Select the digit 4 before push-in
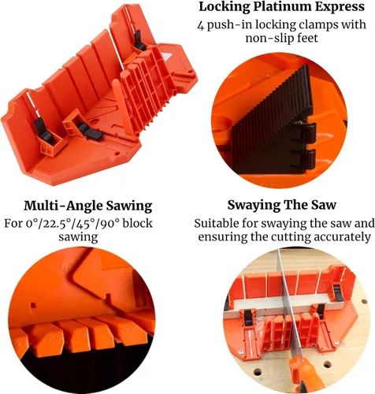pyautogui.click(x=201, y=25)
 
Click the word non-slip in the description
pyautogui.click(x=265, y=38)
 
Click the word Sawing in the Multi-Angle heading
pyautogui.click(x=129, y=206)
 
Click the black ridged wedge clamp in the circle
pyautogui.click(x=274, y=124)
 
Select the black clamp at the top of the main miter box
pyautogui.click(x=138, y=41)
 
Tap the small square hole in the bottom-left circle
pyautogui.click(x=33, y=305)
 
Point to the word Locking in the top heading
pyautogui.click(x=223, y=7)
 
